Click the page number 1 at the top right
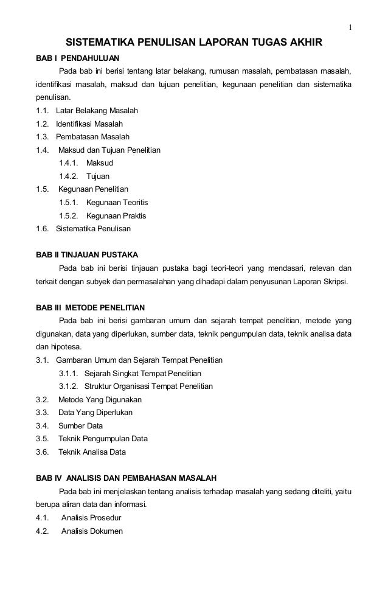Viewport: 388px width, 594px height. pyautogui.click(x=350, y=27)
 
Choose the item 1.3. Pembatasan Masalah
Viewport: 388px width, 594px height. pyautogui.click(x=83, y=137)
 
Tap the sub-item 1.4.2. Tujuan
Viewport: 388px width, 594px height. pyautogui.click(x=85, y=176)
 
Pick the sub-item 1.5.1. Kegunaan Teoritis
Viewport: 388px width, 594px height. pyautogui.click(x=104, y=203)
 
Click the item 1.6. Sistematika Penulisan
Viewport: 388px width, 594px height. pyautogui.click(x=83, y=229)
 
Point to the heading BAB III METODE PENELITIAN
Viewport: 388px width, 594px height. pyautogui.click(x=91, y=306)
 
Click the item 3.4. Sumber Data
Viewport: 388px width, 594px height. pyautogui.click(x=69, y=425)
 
